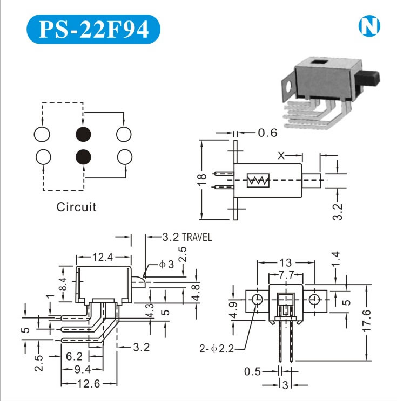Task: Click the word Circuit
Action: tap(77, 207)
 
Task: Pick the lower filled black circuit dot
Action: tap(83, 156)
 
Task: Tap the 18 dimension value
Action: tap(201, 179)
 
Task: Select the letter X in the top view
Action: tap(281, 156)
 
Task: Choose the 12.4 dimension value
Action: tap(103, 258)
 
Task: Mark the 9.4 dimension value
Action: tap(83, 369)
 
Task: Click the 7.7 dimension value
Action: tap(286, 275)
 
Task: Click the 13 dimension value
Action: tap(286, 262)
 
